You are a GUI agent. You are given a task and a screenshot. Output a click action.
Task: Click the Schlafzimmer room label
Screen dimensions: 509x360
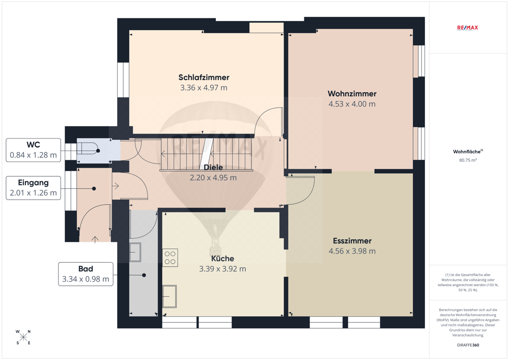[204, 77]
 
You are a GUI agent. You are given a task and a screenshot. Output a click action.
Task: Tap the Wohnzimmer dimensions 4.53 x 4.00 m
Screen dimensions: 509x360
[352, 104]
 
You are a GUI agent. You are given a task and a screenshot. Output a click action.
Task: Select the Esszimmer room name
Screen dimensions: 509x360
[352, 241]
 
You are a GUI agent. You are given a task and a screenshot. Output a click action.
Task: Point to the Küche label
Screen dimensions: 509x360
[223, 258]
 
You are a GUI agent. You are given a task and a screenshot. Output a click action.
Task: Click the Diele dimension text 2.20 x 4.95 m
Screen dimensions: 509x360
[213, 178]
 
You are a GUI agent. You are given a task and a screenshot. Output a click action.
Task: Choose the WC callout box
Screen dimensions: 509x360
[34, 150]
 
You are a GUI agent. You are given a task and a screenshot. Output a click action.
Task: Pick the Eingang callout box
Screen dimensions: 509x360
[34, 188]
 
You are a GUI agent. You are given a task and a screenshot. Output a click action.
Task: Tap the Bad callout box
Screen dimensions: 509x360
[86, 274]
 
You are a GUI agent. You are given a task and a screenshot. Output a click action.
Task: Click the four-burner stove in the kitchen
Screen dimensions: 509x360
[170, 258]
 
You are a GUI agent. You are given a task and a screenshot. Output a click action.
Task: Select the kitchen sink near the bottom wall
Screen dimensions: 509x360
[169, 296]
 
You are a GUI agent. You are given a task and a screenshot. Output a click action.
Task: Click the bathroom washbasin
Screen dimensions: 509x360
[135, 252]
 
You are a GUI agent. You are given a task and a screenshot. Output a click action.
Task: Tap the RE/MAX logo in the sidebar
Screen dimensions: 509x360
[467, 28]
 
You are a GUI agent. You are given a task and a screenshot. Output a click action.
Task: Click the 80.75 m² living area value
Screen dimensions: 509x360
[468, 160]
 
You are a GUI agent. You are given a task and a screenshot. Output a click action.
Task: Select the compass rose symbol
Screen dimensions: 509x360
[23, 337]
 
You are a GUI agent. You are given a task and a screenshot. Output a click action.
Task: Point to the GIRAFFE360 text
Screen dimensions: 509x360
[468, 345]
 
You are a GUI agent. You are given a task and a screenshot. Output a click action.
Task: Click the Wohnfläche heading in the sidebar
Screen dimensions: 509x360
[468, 152]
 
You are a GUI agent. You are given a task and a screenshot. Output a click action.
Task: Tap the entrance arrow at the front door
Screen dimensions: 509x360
[95, 239]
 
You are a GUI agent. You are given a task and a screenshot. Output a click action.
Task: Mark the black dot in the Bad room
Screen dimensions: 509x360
[144, 275]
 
